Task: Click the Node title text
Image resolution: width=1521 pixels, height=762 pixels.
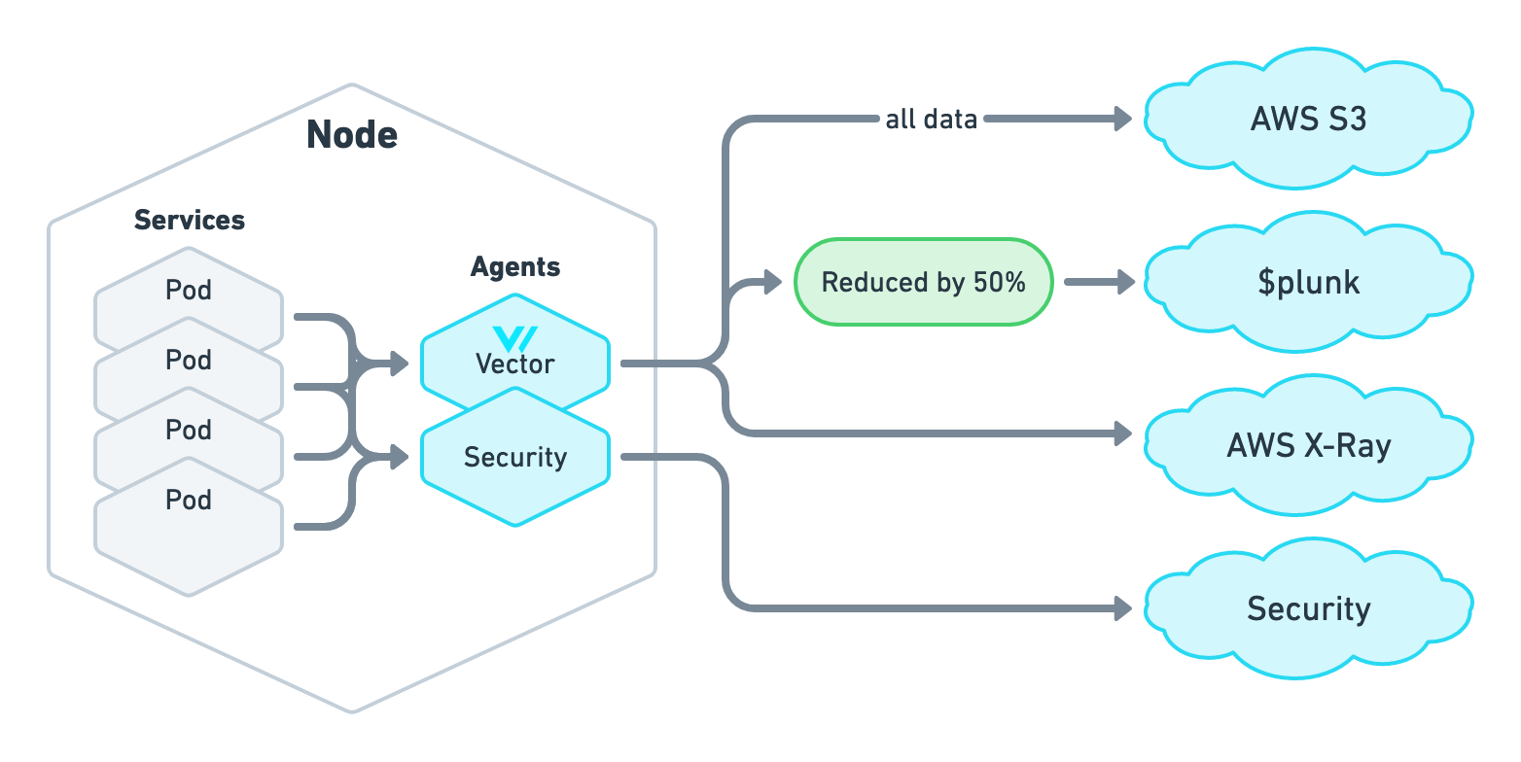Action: tap(352, 134)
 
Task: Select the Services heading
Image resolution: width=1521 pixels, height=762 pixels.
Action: tap(190, 220)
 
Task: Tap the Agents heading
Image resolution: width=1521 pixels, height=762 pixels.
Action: tap(514, 266)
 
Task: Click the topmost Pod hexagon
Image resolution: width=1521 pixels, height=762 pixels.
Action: tap(189, 291)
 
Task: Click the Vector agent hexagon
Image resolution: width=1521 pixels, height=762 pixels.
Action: tap(514, 364)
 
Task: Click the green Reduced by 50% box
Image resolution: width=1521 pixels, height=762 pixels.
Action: tap(923, 282)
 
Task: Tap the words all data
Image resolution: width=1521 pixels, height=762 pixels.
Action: tap(931, 119)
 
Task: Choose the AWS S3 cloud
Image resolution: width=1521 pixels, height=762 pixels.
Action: tap(1308, 119)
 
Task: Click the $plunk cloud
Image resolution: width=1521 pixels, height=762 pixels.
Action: tap(1308, 282)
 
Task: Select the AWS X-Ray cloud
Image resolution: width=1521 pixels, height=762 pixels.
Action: tap(1308, 445)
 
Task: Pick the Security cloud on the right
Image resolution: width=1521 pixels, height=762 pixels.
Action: tap(1308, 608)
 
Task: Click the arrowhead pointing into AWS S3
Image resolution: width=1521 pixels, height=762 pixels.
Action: tap(1122, 119)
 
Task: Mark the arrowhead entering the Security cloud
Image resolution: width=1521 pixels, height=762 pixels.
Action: tap(1122, 608)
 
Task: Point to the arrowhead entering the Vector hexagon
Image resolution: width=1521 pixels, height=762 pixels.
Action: tap(398, 364)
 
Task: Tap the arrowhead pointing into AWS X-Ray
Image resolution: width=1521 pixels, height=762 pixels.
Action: tap(1122, 433)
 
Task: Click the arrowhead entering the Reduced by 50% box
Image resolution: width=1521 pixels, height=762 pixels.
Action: tap(772, 282)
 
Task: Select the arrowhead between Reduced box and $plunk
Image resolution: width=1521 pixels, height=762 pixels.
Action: tap(1125, 282)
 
